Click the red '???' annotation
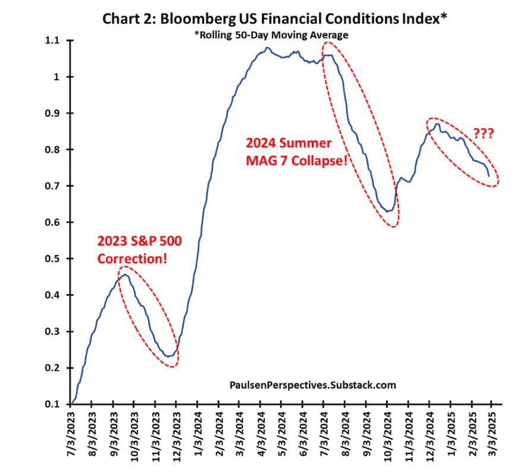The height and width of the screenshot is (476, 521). [483, 133]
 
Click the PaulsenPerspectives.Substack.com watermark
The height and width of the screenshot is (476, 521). [312, 385]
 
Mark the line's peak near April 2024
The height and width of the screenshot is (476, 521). [268, 48]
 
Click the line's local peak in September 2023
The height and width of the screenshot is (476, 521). [125, 274]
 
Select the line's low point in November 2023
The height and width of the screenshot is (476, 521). [169, 357]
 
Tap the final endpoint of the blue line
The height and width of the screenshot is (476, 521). [489, 176]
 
